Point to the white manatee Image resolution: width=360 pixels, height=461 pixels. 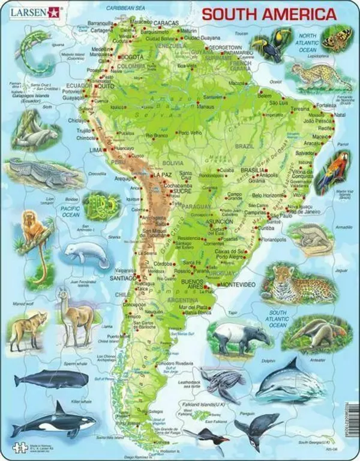pyautogui.click(x=86, y=253)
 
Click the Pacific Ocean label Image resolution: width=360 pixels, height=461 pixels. pyautogui.click(x=71, y=211)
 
